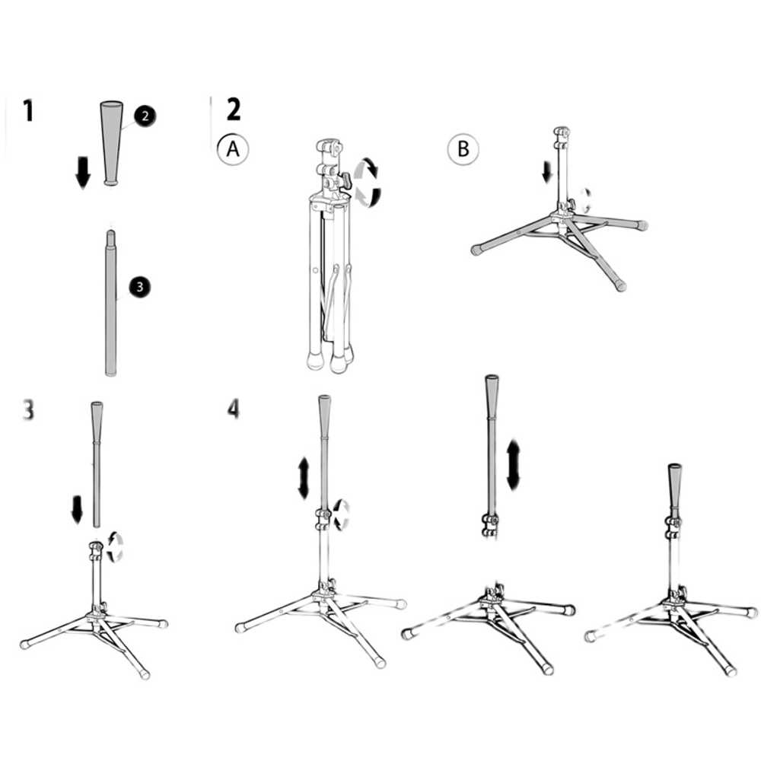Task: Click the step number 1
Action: [29, 110]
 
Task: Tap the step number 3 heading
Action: [28, 409]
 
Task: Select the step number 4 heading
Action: [234, 409]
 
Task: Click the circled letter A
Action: [233, 149]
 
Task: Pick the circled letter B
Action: [463, 149]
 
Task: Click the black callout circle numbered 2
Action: [145, 116]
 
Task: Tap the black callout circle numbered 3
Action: [140, 287]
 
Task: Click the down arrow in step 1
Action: [83, 172]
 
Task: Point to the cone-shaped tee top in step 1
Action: [111, 143]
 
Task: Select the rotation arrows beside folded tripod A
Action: [368, 183]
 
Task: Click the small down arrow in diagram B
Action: [547, 173]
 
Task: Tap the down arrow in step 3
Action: [77, 510]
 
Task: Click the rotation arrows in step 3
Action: [115, 547]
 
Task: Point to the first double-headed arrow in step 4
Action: [304, 478]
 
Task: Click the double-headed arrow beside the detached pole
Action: [513, 465]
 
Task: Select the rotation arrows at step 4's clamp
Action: [342, 514]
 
